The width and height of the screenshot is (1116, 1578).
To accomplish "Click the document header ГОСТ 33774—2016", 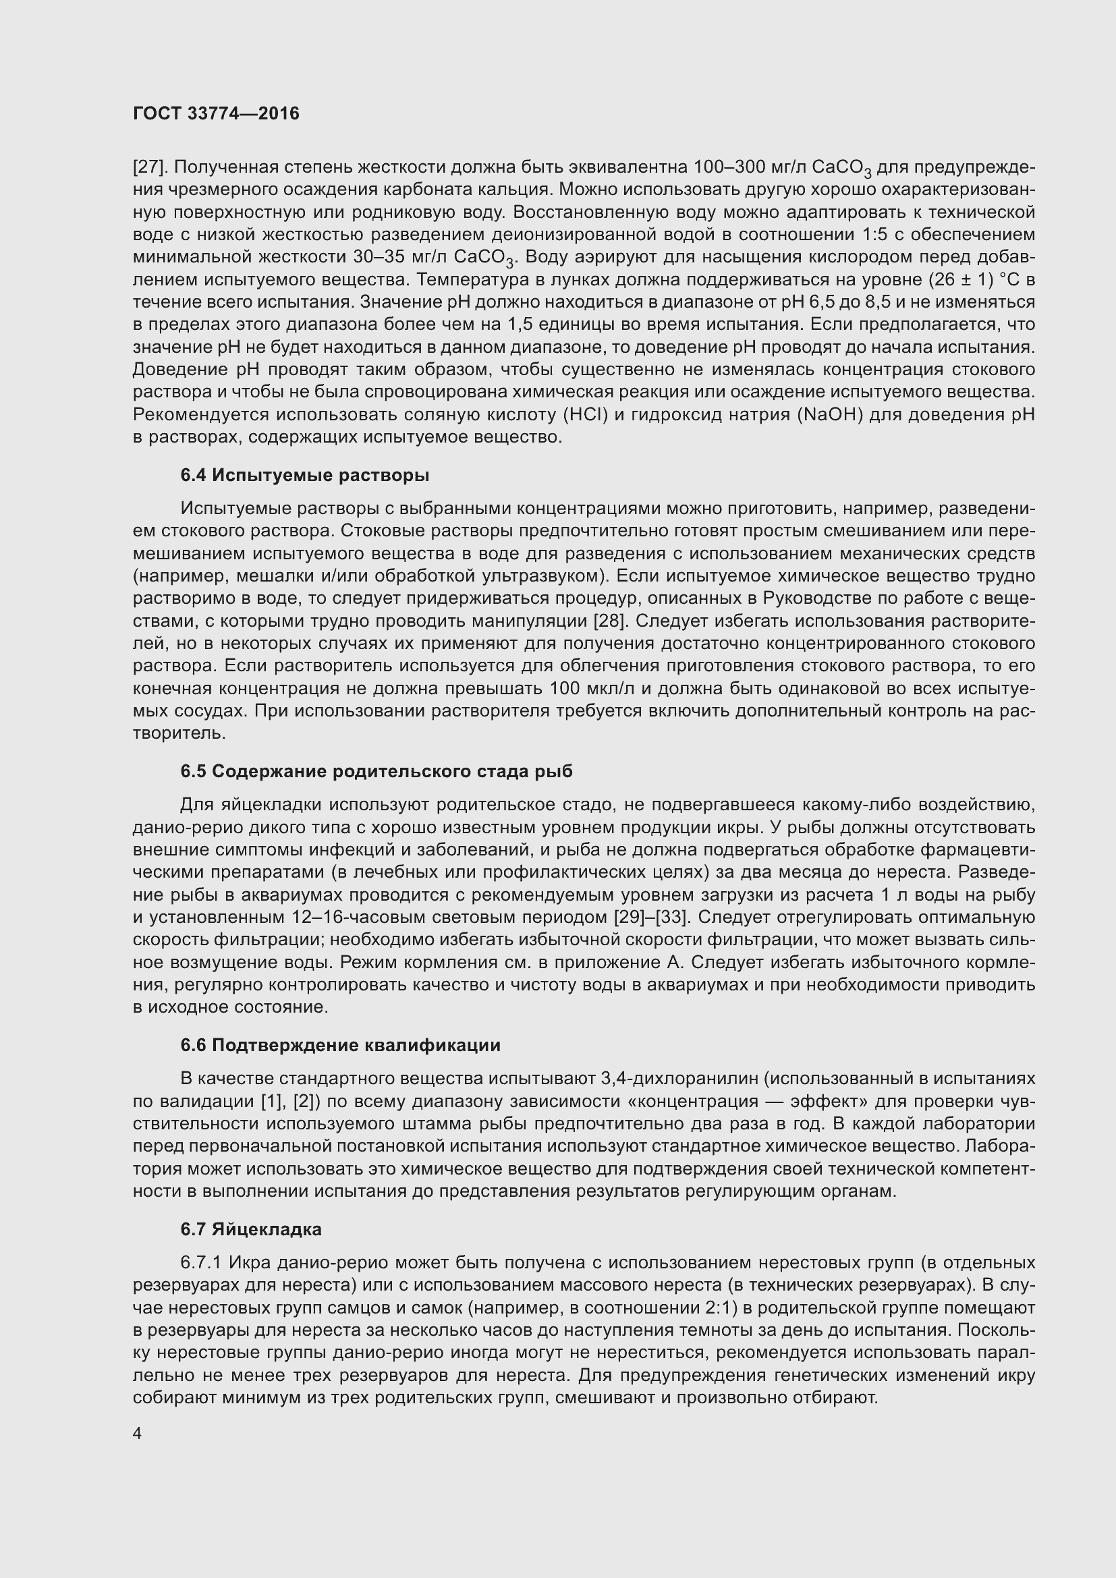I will click(x=216, y=113).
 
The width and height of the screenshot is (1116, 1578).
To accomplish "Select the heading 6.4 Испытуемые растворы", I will click(x=304, y=475).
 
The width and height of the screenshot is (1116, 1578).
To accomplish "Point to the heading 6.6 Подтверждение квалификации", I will click(x=340, y=1044).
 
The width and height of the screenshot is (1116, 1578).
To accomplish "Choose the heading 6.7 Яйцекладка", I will click(x=251, y=1229).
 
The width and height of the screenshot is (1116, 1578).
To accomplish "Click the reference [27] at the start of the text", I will click(x=148, y=167).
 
